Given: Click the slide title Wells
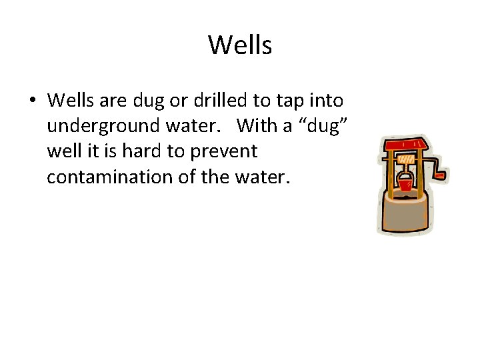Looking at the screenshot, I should pos(240,45).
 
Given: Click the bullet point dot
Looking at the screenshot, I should pos(33,101).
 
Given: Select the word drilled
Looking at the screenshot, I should pos(223,101).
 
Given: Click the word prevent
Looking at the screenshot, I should pos(223,151).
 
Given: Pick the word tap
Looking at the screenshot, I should pos(285,101).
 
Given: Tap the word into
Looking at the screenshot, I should pos(325,101).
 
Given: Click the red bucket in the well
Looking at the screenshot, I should pos(405,183).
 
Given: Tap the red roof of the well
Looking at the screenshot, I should pos(403,145).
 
